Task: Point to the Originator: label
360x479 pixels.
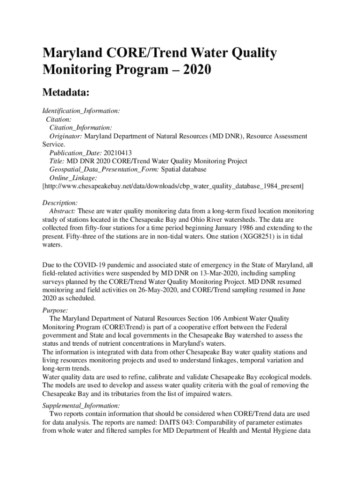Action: tap(66, 136)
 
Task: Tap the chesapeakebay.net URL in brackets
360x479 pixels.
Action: tap(173, 186)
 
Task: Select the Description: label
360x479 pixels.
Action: tap(60, 203)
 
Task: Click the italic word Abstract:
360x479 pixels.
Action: tap(63, 211)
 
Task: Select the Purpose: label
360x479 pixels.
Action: tap(55, 310)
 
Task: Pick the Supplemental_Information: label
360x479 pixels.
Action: tap(81, 406)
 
